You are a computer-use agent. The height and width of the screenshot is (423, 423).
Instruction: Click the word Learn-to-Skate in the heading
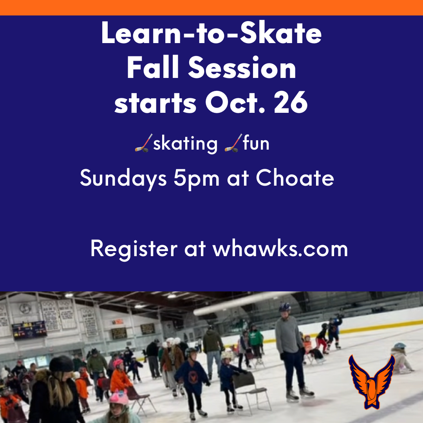click(x=211, y=33)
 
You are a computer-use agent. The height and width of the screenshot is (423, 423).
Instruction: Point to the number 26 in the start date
click(x=291, y=102)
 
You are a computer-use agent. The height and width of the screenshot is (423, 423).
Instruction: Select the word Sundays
click(x=123, y=179)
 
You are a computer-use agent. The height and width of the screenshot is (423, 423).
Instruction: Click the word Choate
click(x=295, y=178)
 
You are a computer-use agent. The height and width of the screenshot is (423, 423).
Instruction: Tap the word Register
click(x=134, y=249)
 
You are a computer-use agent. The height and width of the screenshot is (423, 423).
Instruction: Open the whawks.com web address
click(x=280, y=248)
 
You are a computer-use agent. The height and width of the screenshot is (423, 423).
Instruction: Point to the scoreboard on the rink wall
click(x=29, y=330)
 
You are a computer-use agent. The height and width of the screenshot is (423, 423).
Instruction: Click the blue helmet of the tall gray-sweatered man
click(x=285, y=307)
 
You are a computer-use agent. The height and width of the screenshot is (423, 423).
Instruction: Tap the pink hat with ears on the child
click(x=119, y=398)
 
